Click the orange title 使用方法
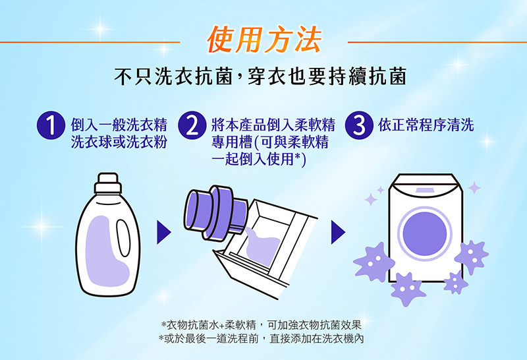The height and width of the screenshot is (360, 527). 264,41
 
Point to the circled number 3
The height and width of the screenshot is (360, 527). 359,125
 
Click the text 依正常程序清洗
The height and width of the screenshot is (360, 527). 426,125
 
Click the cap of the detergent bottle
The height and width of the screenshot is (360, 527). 108,183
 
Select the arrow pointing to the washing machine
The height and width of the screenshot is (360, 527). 338,232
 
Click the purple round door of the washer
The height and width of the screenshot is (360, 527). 425,234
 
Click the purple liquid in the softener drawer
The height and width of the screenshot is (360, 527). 262,247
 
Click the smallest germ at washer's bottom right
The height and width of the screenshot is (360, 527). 455,282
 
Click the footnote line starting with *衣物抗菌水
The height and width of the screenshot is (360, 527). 261,325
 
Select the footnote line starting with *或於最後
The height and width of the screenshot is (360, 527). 261,338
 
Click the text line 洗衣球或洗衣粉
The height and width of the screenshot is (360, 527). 119,142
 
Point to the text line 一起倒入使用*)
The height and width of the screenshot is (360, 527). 259,159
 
